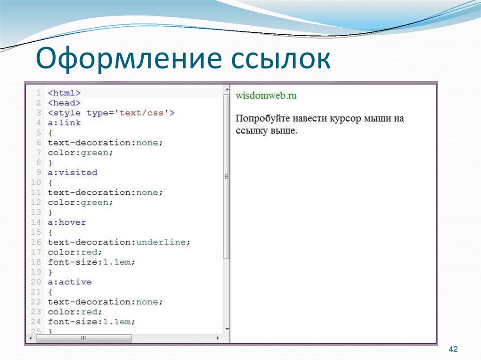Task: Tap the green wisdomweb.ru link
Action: pos(266,96)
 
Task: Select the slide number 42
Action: pos(453,349)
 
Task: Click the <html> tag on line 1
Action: pos(64,93)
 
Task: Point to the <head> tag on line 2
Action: pos(64,103)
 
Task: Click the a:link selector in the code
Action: pos(64,123)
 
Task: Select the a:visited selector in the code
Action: pos(72,172)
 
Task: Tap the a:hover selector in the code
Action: pos(67,222)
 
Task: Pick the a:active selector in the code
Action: pos(70,282)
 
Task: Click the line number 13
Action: pos(36,212)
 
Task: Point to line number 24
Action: pos(36,322)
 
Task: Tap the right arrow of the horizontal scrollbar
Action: pos(217,338)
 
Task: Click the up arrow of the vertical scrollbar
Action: pos(226,89)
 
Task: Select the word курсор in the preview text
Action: pos(346,119)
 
